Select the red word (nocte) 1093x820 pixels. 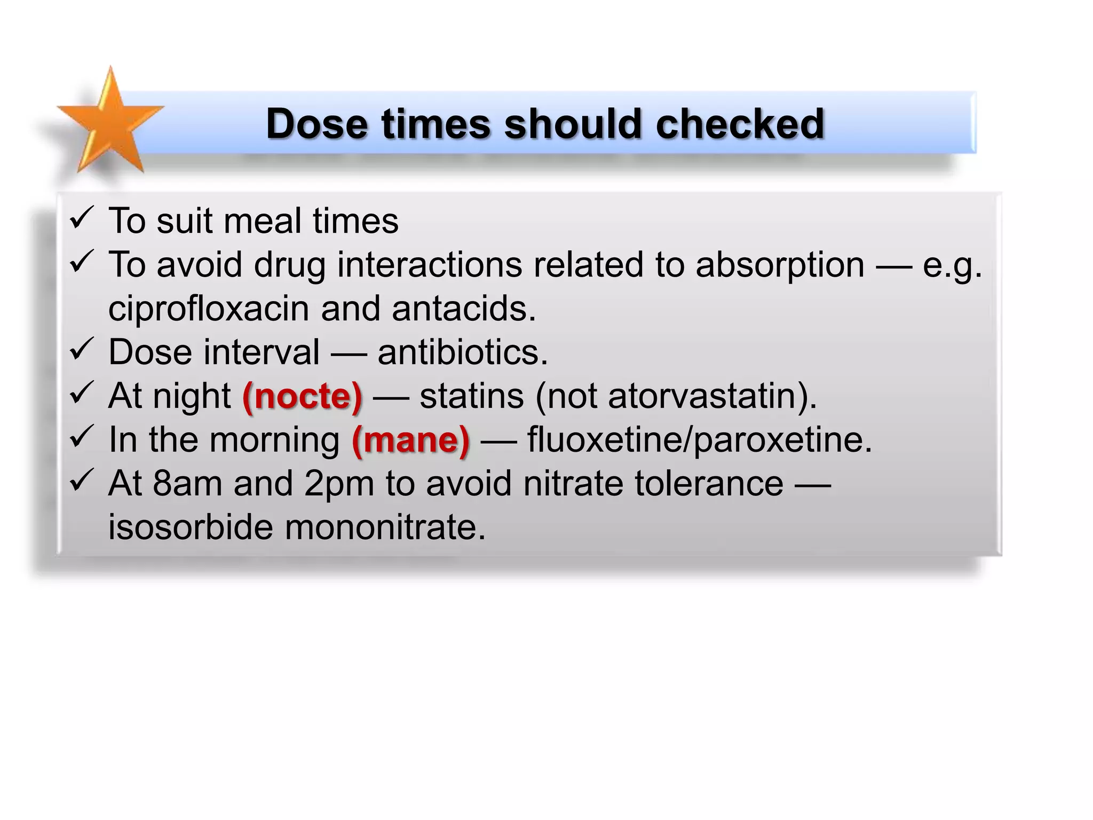[x=302, y=397]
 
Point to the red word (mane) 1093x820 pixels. [x=410, y=440]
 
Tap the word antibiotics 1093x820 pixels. [x=462, y=353]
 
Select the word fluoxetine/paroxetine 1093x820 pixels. [x=700, y=440]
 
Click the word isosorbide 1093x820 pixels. [x=191, y=527]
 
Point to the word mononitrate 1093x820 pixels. [x=385, y=527]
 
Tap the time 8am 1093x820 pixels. [x=187, y=484]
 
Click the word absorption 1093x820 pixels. [x=780, y=265]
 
